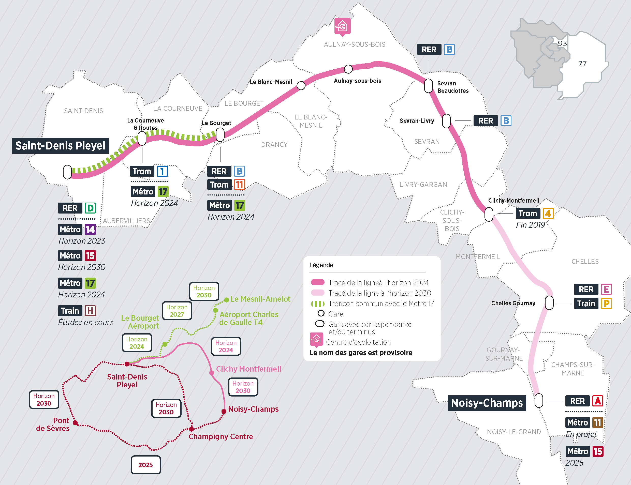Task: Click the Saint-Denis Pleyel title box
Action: tap(60, 146)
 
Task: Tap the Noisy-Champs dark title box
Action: tap(487, 403)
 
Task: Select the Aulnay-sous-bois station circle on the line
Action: tap(348, 69)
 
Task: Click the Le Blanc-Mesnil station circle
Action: tap(301, 85)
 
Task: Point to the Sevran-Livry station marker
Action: tap(446, 121)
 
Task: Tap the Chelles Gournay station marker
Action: tap(549, 302)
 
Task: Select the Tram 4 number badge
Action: tap(548, 214)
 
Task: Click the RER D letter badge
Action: tap(90, 208)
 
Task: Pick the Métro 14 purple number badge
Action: tap(90, 230)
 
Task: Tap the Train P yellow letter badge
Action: tap(606, 304)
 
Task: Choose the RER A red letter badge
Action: tap(597, 401)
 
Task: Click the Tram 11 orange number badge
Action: tap(239, 185)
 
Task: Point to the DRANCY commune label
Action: tap(274, 145)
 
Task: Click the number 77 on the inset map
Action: tap(582, 64)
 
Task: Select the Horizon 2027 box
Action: tap(177, 311)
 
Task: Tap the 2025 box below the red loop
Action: tap(145, 465)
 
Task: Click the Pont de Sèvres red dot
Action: tap(75, 423)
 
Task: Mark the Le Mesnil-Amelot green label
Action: tap(260, 299)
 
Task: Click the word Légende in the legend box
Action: tap(321, 265)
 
